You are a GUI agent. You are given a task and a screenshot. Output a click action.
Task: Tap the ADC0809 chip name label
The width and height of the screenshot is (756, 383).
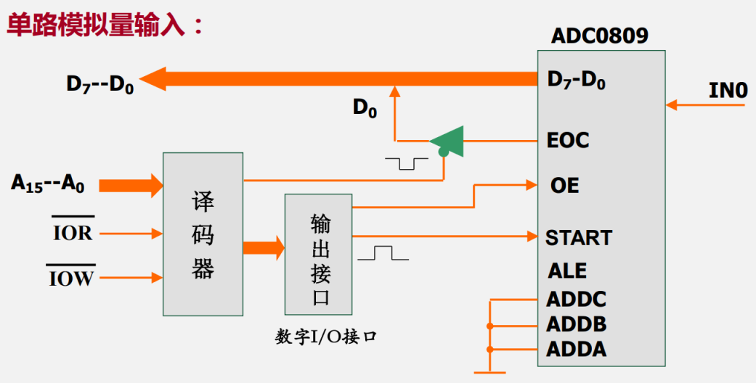click(599, 36)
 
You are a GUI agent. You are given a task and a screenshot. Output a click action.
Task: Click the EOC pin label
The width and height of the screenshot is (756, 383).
click(568, 140)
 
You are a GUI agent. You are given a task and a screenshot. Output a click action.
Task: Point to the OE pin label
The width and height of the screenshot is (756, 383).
click(564, 185)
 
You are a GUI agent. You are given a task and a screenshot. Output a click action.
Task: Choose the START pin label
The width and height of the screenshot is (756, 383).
click(579, 237)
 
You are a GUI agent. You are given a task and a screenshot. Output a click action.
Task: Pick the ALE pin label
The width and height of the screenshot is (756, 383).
click(567, 271)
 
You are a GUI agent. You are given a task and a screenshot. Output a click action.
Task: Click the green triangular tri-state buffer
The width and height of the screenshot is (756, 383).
click(448, 141)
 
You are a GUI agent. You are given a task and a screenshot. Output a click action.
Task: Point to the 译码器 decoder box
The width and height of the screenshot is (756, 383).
click(203, 234)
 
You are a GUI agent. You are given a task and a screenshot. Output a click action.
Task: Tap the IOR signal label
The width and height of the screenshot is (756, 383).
click(73, 233)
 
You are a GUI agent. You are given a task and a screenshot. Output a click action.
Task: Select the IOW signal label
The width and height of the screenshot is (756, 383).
click(72, 277)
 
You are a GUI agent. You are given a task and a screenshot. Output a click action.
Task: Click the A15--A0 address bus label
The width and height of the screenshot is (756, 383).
click(48, 183)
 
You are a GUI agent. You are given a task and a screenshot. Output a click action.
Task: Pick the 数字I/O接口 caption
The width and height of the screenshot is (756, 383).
click(326, 337)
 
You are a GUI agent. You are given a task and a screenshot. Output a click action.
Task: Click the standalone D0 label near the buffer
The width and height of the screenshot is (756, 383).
click(365, 108)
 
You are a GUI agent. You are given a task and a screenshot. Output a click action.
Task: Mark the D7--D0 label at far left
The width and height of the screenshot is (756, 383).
click(99, 83)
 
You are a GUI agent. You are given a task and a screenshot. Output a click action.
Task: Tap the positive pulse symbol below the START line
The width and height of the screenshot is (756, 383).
click(383, 253)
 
